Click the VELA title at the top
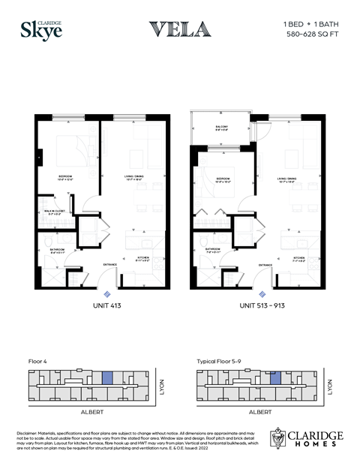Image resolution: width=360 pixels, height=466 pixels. point(179,29)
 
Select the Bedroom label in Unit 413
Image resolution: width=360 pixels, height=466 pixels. point(69,179)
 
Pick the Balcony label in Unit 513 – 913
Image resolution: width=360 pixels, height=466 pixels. point(221,128)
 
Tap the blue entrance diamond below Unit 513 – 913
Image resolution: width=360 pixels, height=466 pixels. point(262,293)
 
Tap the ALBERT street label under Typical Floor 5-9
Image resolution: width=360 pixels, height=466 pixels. point(259,412)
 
